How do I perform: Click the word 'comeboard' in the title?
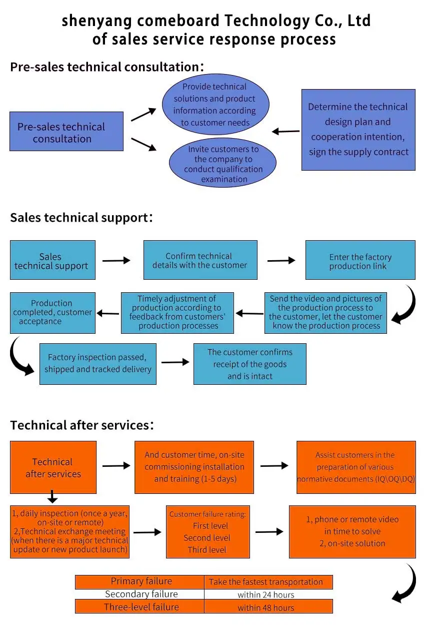click(178, 21)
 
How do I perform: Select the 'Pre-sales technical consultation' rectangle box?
click(66, 131)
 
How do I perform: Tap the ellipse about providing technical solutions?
click(215, 104)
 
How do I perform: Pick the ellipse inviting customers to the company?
click(222, 163)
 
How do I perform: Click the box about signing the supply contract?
click(358, 130)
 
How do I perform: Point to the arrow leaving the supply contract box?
click(286, 131)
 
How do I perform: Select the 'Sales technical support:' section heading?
click(81, 218)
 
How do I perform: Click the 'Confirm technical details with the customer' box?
click(200, 260)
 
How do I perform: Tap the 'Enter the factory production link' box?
click(360, 260)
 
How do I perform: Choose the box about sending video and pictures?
click(325, 313)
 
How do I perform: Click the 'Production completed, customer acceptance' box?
click(52, 313)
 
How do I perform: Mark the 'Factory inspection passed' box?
click(98, 364)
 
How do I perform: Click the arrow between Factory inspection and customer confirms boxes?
click(175, 362)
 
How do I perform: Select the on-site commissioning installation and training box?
click(194, 467)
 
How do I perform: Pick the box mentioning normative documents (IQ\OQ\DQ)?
click(356, 467)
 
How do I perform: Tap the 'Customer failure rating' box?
click(208, 532)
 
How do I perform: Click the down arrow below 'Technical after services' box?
click(52, 496)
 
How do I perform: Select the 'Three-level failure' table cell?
click(139, 607)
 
